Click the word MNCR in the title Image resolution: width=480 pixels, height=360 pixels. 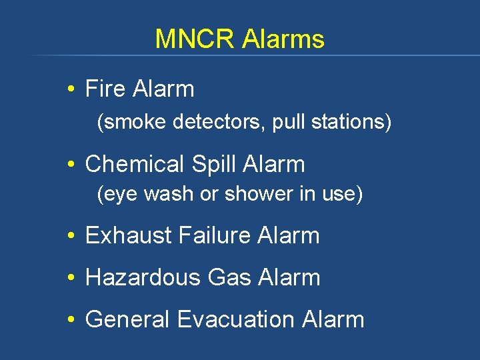(x=195, y=39)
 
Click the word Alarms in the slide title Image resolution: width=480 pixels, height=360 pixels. (x=283, y=39)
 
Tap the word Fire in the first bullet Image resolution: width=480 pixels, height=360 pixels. (x=105, y=89)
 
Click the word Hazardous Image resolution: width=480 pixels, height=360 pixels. (x=143, y=277)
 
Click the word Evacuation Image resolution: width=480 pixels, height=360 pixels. (x=236, y=319)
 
